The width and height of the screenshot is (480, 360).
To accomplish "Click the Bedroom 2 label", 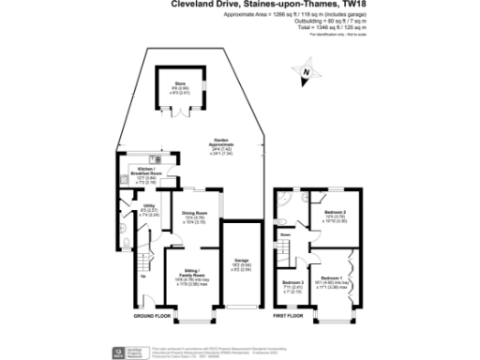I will [335, 216].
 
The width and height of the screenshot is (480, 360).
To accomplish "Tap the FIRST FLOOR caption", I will [290, 317].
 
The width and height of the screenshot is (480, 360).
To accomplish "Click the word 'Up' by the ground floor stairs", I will [143, 276].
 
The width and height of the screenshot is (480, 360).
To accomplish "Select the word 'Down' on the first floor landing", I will [284, 236].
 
